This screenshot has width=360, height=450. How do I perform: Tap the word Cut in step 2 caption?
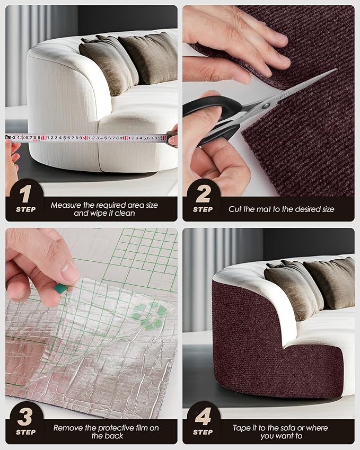tap(235, 209)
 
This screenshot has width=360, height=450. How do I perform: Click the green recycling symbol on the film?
tap(150, 315)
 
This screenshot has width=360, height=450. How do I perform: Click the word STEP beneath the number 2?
tap(203, 209)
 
